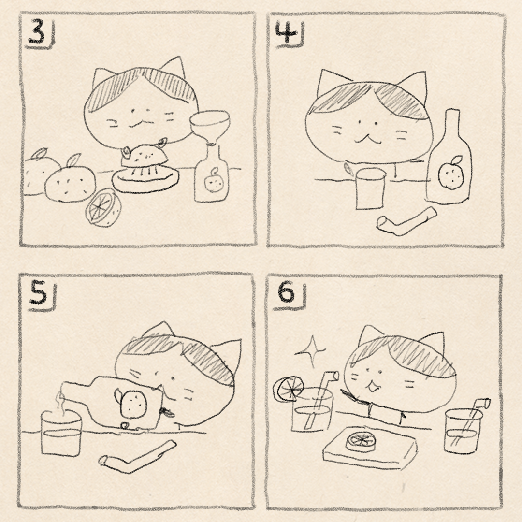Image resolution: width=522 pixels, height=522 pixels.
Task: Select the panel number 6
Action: click(286, 293)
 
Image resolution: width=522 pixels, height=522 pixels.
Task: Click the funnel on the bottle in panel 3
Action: click(210, 127)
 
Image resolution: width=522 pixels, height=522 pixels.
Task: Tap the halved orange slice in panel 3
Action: click(103, 208)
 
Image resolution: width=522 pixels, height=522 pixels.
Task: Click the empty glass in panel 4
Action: click(370, 189)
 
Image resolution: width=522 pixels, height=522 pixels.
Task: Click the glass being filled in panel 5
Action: click(61, 433)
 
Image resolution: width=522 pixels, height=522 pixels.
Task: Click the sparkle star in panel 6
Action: click(311, 351)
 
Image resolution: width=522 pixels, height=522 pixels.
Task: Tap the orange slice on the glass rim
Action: click(288, 389)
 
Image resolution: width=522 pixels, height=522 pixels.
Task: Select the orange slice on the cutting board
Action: click(362, 442)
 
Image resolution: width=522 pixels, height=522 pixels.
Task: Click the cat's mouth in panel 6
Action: click(372, 386)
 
